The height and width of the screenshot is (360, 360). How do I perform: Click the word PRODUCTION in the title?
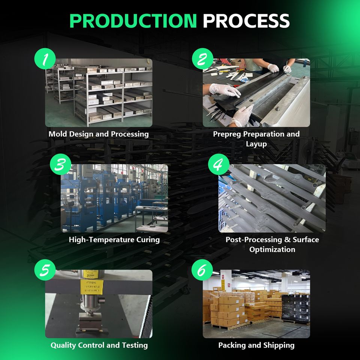[133, 21]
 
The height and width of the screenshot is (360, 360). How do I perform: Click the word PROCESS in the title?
[246, 21]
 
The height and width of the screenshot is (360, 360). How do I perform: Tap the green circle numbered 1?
[45, 59]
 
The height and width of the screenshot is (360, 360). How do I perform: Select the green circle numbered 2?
[202, 59]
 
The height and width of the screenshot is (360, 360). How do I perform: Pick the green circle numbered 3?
[61, 165]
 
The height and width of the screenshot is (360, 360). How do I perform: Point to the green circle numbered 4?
[218, 165]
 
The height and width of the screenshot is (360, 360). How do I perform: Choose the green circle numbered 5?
[45, 271]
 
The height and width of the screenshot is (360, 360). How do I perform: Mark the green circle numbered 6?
[202, 271]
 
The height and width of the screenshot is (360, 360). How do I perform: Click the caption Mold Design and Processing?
[99, 134]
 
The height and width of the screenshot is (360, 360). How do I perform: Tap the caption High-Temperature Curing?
[114, 240]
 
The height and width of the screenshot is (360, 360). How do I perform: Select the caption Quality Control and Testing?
[99, 345]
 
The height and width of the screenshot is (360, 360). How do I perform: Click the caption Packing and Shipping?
[256, 345]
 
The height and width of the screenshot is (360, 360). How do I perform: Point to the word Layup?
[256, 144]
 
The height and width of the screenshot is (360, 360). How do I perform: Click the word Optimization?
[272, 249]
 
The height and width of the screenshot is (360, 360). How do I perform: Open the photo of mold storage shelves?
[99, 93]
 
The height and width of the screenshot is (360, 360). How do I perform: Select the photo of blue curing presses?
[114, 198]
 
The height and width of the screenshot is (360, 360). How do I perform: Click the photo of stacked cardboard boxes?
[256, 304]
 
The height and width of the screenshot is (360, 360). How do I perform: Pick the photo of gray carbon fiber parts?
[272, 198]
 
